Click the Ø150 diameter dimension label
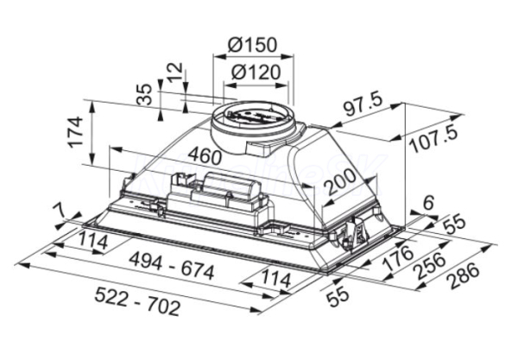coord(252,45)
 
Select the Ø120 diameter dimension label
coord(256,72)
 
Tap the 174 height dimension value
coord(75,131)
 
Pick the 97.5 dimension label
coord(363,105)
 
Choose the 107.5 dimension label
coord(433,139)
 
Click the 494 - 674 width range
coord(172,265)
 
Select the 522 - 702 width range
coord(137,301)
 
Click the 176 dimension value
coord(397,257)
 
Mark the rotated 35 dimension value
coord(145,94)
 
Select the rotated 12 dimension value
coord(174,73)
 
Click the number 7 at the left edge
coord(60,210)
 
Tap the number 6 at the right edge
coord(428,203)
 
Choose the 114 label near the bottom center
coord(276,280)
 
